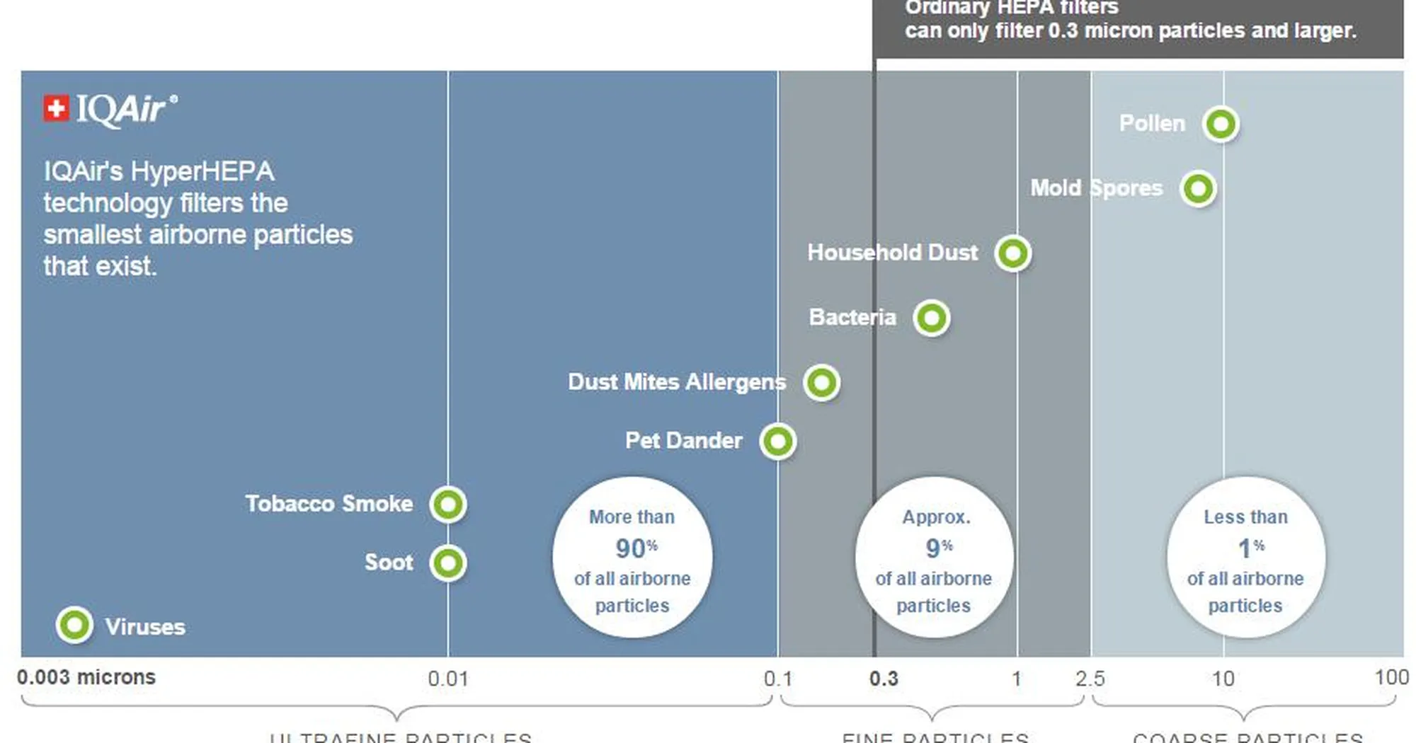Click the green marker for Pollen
tap(1221, 124)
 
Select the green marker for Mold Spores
tap(1198, 189)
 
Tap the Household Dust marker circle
tap(1012, 253)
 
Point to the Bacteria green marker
tap(931, 318)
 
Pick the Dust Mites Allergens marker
tap(821, 383)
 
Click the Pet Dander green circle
tap(777, 442)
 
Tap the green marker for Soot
tap(448, 563)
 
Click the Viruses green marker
tap(74, 626)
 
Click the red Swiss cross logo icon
tap(56, 109)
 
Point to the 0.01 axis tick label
tap(447, 679)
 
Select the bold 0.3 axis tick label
tap(884, 679)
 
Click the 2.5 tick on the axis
tap(1090, 679)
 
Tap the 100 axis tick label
tap(1391, 677)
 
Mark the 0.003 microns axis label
tap(86, 677)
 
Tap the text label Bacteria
tap(852, 317)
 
